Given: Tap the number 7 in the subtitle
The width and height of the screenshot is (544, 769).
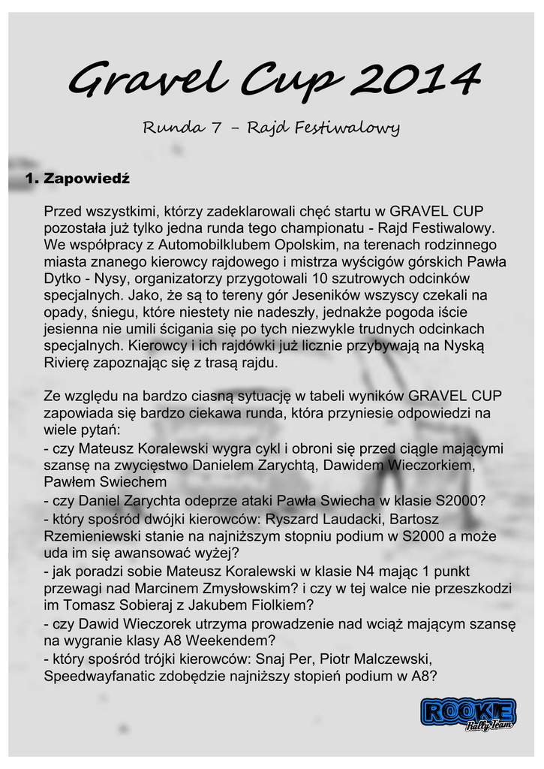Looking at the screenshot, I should [x=215, y=128].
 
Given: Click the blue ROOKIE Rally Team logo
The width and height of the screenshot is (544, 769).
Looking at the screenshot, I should [x=467, y=714].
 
